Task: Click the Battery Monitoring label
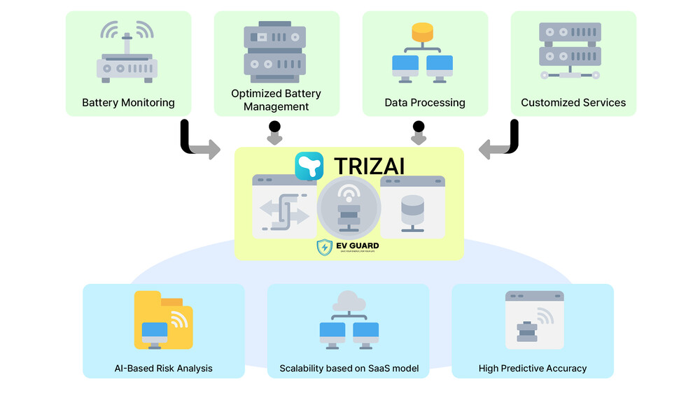click(128, 103)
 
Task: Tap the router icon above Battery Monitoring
click(127, 52)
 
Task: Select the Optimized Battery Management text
click(276, 100)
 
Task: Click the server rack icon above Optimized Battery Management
click(275, 52)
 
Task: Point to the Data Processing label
click(425, 103)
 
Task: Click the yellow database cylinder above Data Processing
click(423, 31)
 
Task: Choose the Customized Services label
click(573, 103)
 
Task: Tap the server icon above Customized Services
click(570, 50)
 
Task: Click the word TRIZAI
click(370, 166)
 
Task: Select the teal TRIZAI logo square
click(309, 166)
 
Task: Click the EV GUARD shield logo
click(324, 247)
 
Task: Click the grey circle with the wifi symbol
click(349, 208)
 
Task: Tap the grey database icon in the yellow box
click(412, 212)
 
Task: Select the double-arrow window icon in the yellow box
click(284, 213)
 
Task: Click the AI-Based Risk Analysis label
click(163, 368)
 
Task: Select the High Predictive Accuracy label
click(533, 368)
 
